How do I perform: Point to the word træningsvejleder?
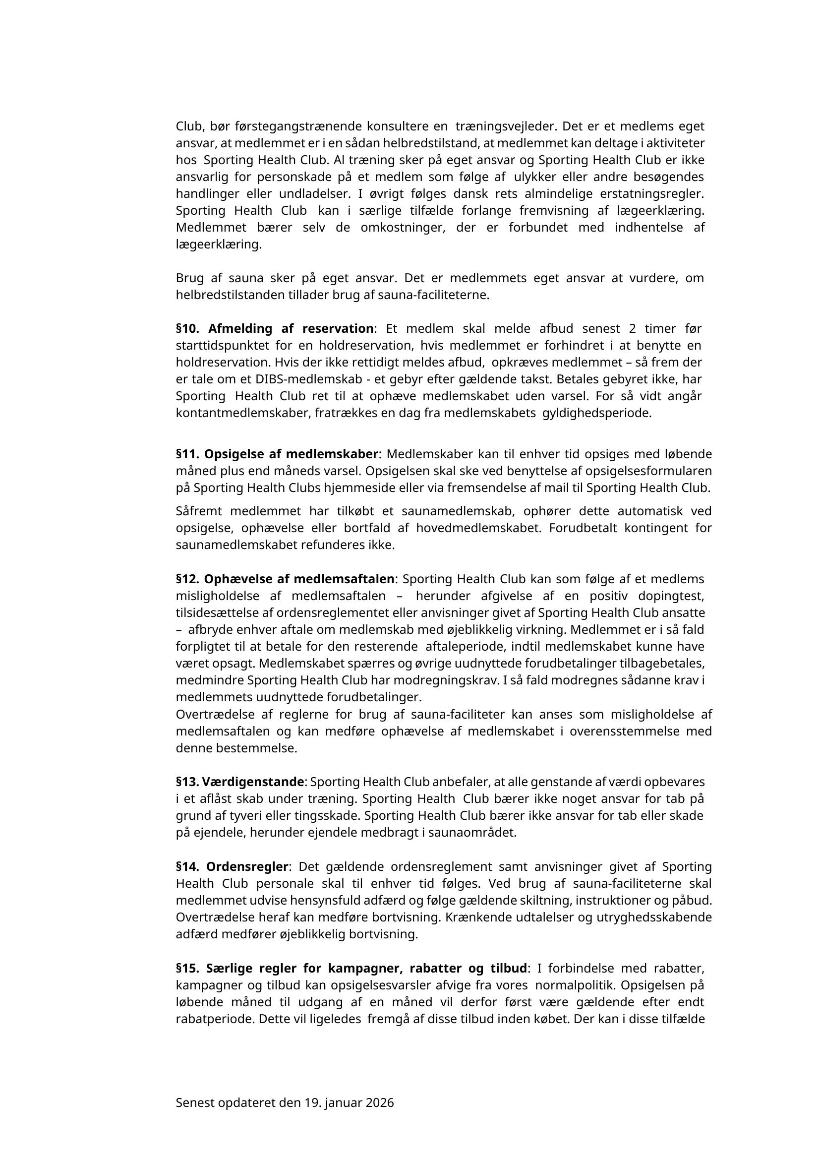(505, 126)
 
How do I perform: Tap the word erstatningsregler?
(651, 194)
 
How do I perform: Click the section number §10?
(188, 329)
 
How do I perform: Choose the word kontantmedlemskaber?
(242, 413)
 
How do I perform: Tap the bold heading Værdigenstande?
(253, 782)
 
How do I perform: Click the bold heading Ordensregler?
(247, 867)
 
